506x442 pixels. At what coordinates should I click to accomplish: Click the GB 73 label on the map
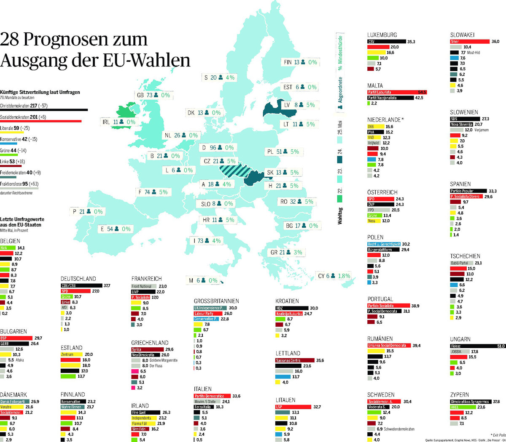[153, 95]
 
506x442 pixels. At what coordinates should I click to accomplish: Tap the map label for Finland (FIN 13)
[300, 62]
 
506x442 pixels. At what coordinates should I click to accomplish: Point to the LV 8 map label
[299, 105]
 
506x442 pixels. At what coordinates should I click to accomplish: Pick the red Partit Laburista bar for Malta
[397, 92]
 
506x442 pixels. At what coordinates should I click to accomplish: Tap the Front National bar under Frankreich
[144, 286]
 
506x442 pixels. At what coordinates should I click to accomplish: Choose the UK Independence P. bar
[210, 308]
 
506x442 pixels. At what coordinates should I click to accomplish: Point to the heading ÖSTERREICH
[382, 192]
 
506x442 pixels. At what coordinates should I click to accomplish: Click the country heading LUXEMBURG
[382, 35]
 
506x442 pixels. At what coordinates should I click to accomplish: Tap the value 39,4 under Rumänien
[416, 346]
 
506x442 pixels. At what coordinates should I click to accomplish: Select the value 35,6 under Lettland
[320, 360]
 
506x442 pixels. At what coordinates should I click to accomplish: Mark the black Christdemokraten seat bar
[44, 110]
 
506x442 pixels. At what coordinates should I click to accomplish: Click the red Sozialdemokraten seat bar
[40, 121]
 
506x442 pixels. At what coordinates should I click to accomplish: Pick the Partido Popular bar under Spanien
[468, 191]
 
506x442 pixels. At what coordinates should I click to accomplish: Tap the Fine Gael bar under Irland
[145, 413]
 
